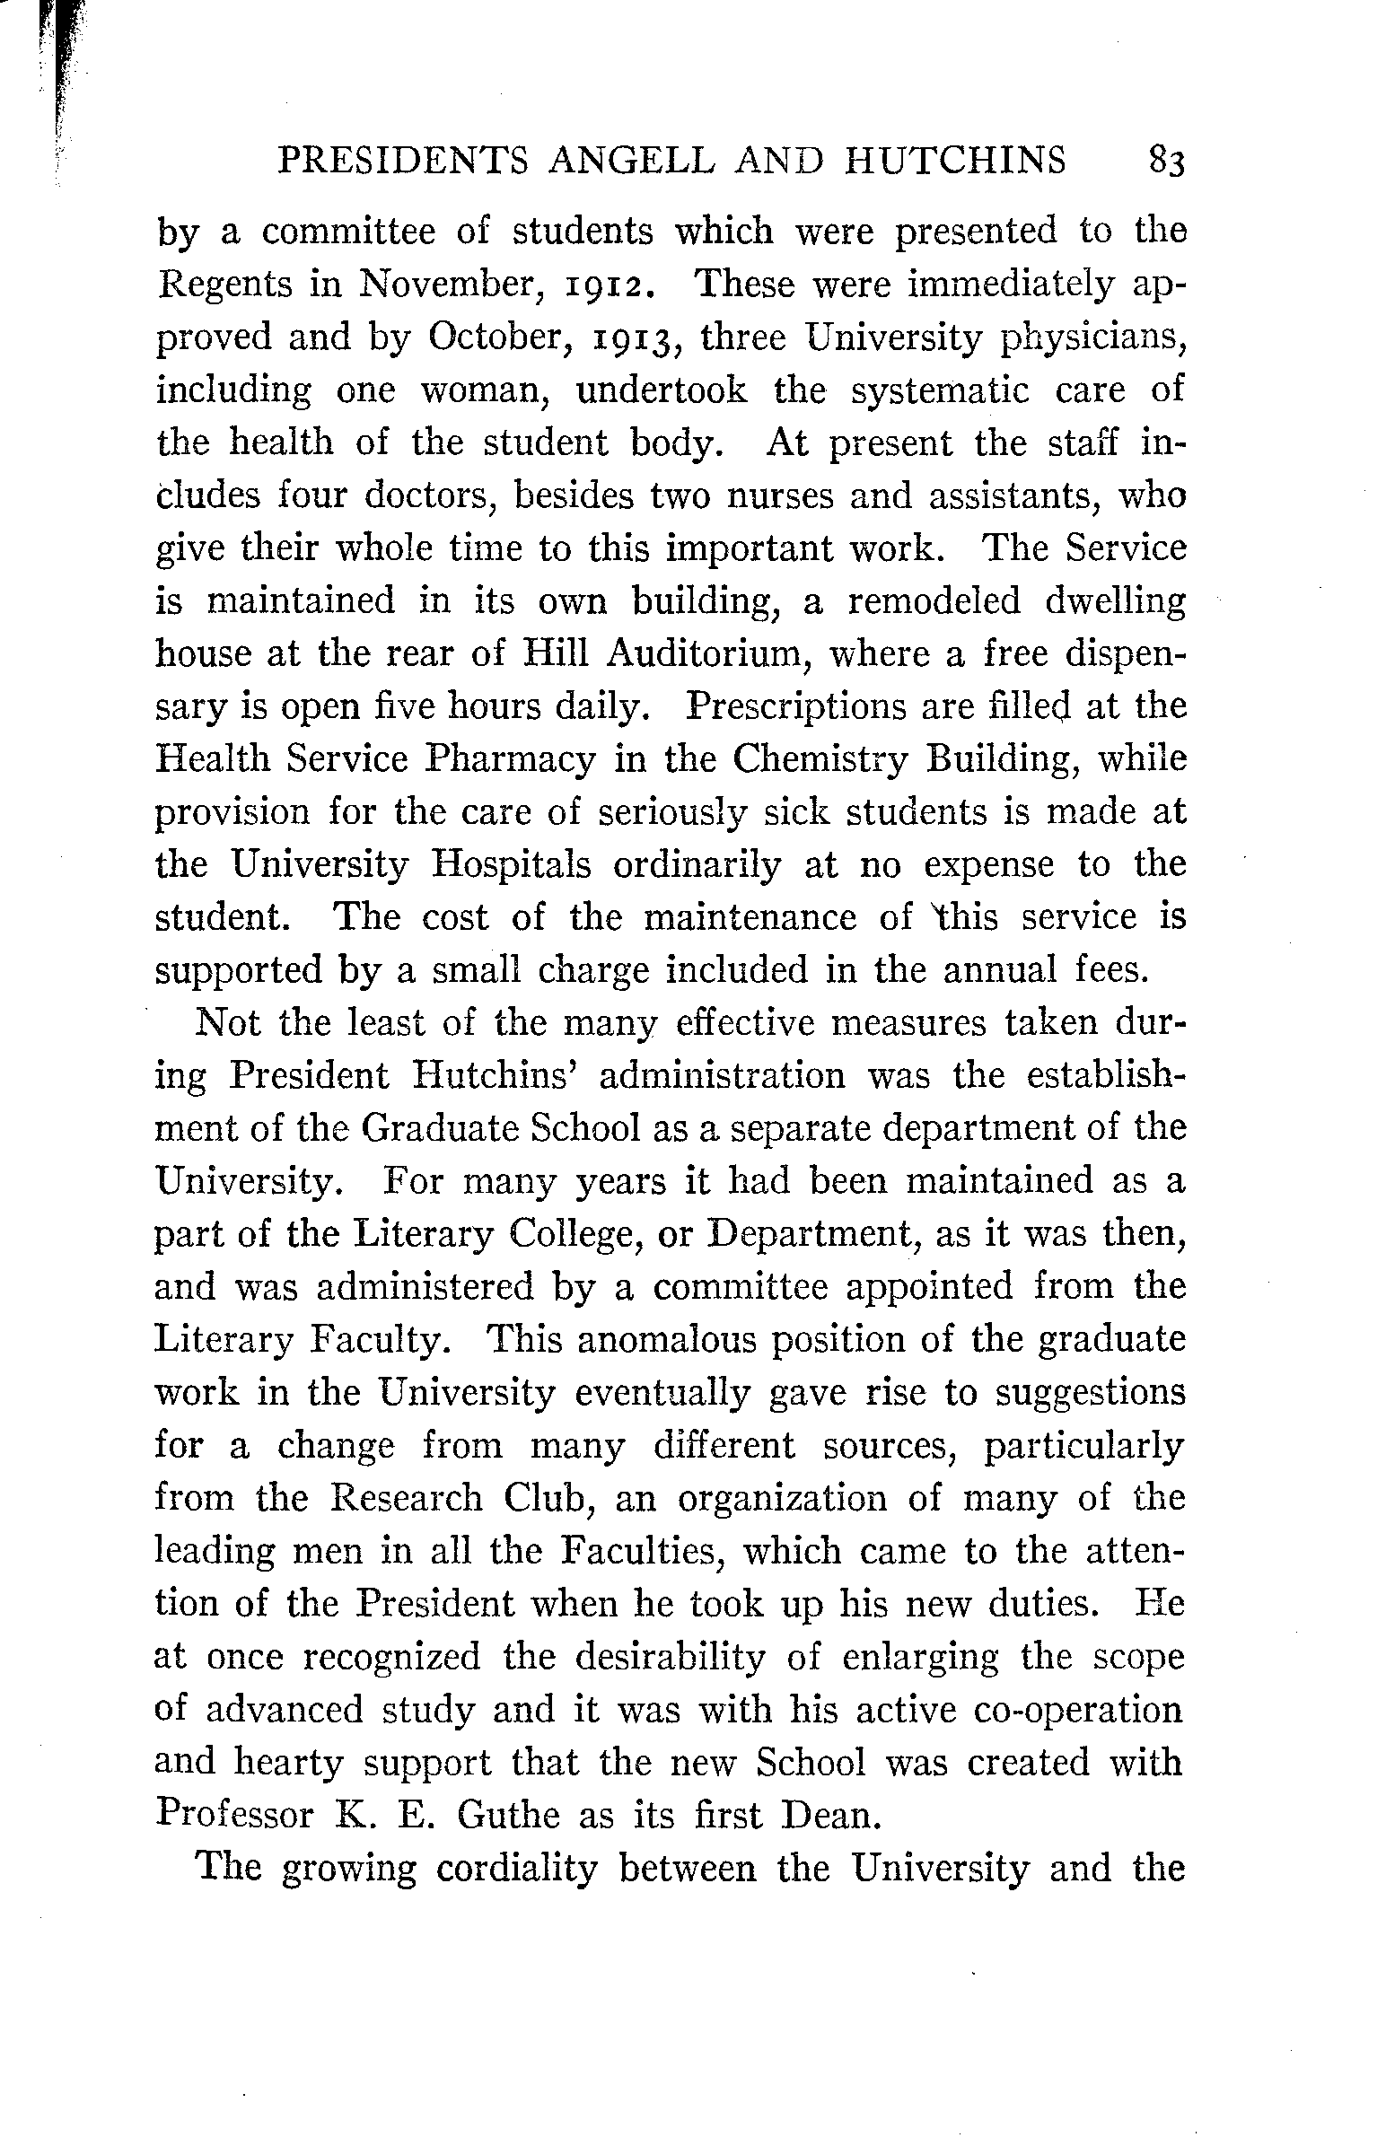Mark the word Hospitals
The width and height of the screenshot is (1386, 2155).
[x=511, y=864]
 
